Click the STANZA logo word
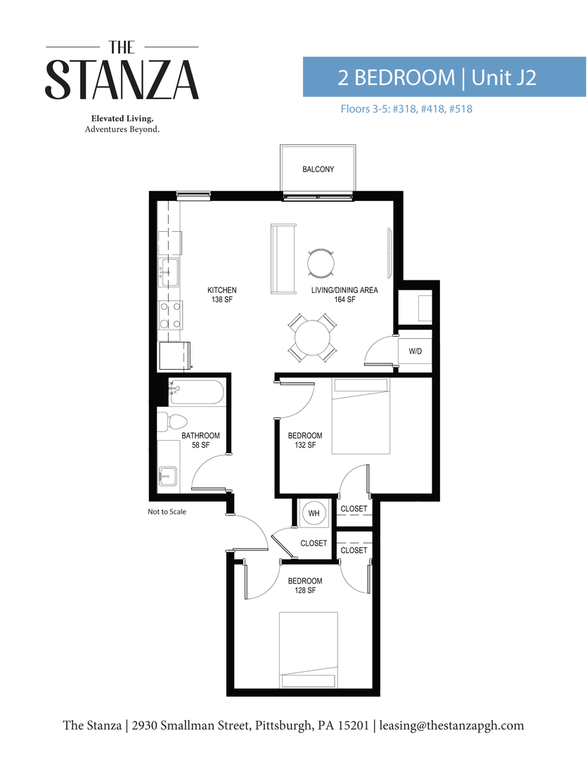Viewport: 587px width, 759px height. [x=122, y=80]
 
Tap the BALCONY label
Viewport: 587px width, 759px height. [x=318, y=169]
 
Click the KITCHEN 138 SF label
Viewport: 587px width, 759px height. [x=221, y=295]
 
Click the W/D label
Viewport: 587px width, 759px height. [x=415, y=351]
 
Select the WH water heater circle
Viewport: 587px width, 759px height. [x=314, y=514]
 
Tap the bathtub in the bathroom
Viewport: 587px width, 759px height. [x=196, y=391]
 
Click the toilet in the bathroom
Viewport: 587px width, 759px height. [x=168, y=422]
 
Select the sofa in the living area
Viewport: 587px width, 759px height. [x=283, y=259]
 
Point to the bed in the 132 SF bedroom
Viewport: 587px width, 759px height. [x=361, y=416]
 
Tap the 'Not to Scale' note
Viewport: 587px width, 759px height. [x=167, y=512]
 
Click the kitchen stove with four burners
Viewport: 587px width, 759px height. [x=169, y=315]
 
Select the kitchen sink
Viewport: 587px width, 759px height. [x=169, y=271]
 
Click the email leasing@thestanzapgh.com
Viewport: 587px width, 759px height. [x=452, y=725]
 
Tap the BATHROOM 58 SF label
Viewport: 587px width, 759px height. [x=200, y=441]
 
